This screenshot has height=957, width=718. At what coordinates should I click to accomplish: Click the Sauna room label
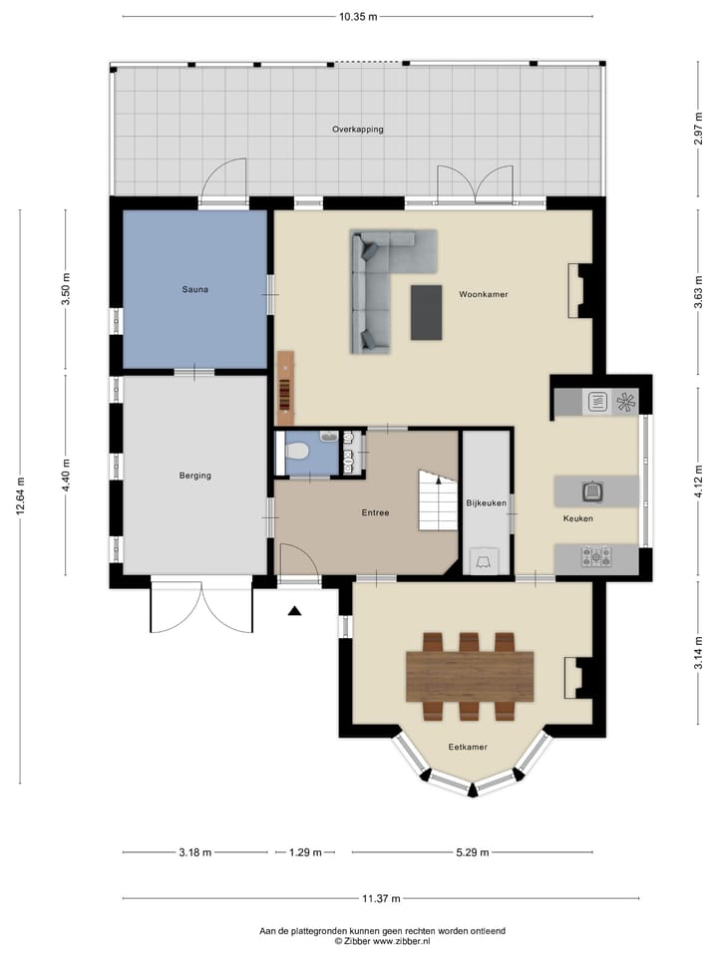click(194, 290)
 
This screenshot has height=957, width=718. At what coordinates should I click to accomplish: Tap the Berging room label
click(194, 476)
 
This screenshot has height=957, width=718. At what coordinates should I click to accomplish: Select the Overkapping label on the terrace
click(357, 130)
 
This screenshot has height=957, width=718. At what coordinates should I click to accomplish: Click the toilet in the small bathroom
click(297, 452)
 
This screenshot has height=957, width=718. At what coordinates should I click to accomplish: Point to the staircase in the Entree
click(435, 501)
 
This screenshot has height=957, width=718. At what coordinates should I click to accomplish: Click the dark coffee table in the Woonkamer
click(427, 312)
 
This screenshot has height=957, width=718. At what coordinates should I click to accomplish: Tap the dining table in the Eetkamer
click(469, 676)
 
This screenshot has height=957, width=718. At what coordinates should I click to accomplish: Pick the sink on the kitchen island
click(592, 489)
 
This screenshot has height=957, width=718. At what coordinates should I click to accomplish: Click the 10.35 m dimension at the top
click(357, 17)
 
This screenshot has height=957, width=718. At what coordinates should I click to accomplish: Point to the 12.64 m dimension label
click(20, 495)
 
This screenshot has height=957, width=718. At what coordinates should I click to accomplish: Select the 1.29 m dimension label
click(305, 852)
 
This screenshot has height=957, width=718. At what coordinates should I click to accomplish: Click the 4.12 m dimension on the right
click(697, 476)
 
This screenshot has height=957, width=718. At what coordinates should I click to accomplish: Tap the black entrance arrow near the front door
click(294, 611)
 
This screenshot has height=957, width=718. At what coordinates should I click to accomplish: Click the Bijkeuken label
click(486, 503)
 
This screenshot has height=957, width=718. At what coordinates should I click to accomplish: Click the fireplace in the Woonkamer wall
click(576, 290)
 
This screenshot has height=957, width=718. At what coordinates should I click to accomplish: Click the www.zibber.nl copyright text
click(382, 940)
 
